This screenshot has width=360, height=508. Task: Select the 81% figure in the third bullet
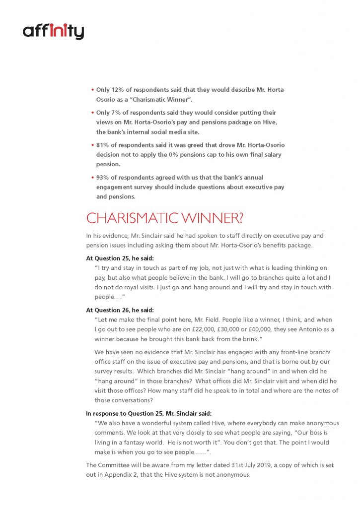tap(103, 145)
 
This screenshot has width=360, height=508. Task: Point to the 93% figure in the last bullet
tap(103, 177)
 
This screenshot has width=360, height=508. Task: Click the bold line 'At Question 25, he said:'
tap(120, 258)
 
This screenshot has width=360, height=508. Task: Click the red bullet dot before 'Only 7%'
tap(92, 113)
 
